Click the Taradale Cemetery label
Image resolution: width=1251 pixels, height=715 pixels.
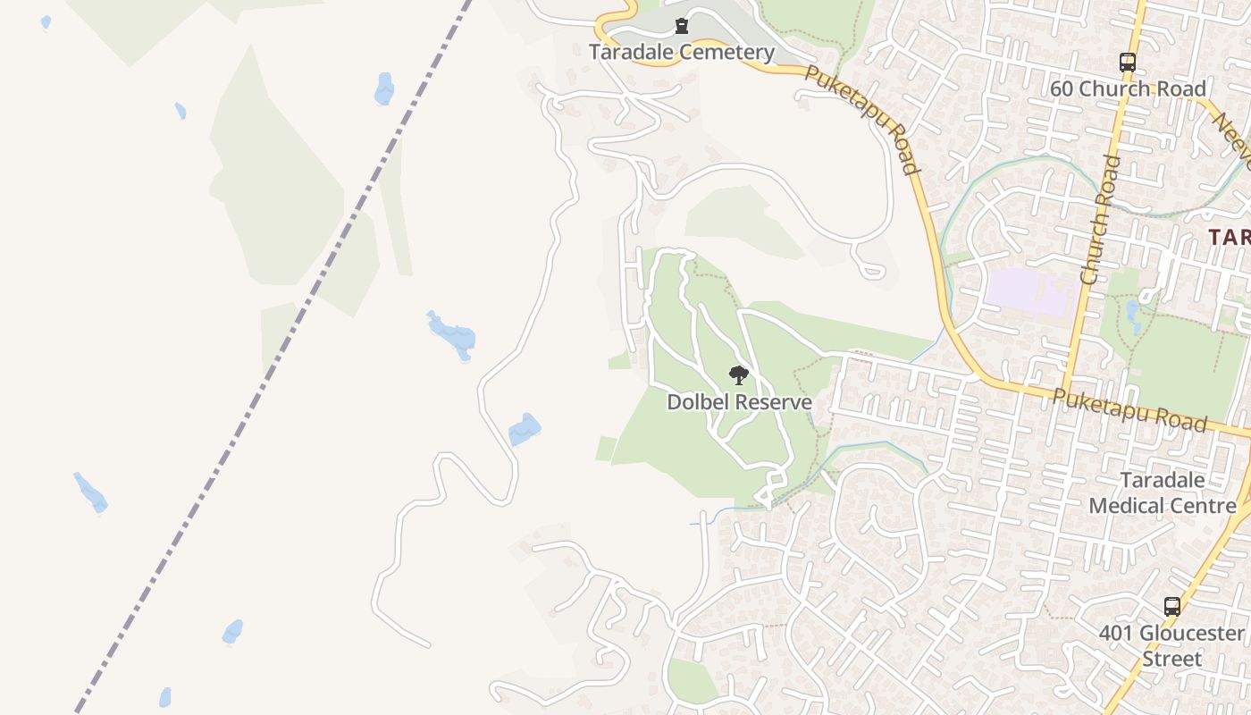point(681,52)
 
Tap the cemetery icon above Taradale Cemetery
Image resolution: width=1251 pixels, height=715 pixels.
point(682,25)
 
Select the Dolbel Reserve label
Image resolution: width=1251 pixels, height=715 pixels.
point(739,402)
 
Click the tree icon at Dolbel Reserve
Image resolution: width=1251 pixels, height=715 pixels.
point(738,375)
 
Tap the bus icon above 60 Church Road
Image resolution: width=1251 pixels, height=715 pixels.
point(1128,63)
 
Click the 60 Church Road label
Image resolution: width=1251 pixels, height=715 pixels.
point(1128,88)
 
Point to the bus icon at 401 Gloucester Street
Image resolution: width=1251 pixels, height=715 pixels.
point(1171,607)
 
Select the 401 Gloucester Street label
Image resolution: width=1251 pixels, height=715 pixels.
point(1171,646)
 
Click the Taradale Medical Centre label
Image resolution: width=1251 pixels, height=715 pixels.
point(1162,492)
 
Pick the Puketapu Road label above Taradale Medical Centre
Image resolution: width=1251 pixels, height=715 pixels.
point(1129,410)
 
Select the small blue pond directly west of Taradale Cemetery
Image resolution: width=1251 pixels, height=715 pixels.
point(384,88)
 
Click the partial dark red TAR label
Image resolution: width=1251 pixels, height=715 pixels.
point(1229,237)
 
